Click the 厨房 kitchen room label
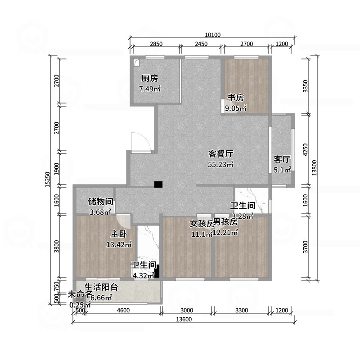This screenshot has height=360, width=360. (150, 78)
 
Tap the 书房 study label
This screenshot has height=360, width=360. (235, 98)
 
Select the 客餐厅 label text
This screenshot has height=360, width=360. (220, 154)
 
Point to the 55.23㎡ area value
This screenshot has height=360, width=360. (220, 165)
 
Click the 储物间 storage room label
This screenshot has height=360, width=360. (100, 201)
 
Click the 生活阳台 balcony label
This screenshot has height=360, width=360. (101, 287)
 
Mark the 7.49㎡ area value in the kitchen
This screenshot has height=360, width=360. (150, 89)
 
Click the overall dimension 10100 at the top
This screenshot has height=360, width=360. (212, 35)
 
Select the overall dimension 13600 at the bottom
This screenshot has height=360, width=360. (184, 319)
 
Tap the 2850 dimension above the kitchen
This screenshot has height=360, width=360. (156, 44)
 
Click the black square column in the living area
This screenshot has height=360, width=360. (158, 184)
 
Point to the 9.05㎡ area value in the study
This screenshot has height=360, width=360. (236, 108)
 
